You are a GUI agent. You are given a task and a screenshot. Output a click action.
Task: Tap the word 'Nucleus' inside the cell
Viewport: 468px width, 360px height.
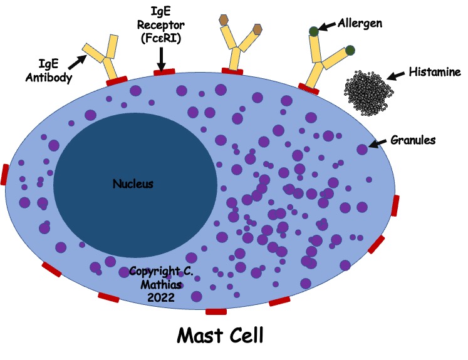tap(133, 184)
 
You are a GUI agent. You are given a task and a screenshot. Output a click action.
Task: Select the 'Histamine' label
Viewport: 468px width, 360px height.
tap(435, 71)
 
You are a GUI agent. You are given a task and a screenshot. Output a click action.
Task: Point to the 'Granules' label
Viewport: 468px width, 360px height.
tap(413, 140)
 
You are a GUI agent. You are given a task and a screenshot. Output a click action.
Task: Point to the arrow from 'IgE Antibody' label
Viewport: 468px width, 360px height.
tap(77, 60)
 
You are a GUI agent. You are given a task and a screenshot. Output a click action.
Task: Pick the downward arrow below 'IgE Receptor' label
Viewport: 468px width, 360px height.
tap(161, 59)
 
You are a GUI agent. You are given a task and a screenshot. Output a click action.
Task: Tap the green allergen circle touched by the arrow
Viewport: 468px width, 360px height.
tap(313, 31)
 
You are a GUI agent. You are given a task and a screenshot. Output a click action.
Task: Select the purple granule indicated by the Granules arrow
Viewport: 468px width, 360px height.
tap(362, 149)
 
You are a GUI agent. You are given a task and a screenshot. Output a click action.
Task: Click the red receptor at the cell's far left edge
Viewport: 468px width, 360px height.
tap(6, 175)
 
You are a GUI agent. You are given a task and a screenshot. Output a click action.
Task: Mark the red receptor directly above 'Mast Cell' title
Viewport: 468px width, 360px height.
tap(216, 311)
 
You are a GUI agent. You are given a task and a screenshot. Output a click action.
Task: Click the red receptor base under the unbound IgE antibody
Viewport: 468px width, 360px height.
tap(117, 80)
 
